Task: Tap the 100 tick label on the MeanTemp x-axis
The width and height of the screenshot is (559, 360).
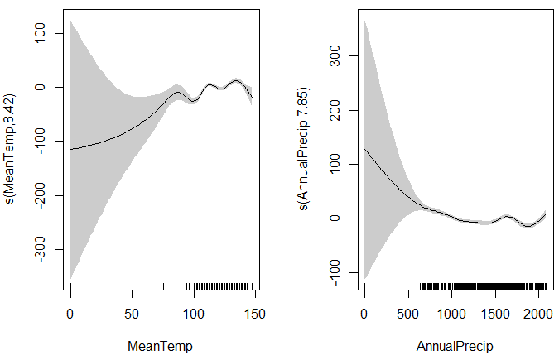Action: [194, 314]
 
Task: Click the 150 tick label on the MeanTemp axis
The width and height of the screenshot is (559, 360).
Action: [255, 314]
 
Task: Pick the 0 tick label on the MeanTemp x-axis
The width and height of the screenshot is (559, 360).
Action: [71, 314]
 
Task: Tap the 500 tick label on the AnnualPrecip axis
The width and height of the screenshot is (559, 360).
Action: [407, 314]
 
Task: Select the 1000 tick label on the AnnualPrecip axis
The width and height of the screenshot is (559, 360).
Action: [451, 314]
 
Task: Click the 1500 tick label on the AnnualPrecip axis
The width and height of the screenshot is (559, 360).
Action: [494, 314]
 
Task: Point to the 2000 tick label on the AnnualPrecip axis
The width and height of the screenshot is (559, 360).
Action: [537, 314]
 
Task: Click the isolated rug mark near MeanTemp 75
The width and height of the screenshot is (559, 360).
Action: [163, 286]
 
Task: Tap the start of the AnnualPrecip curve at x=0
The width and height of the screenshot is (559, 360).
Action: [364, 149]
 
